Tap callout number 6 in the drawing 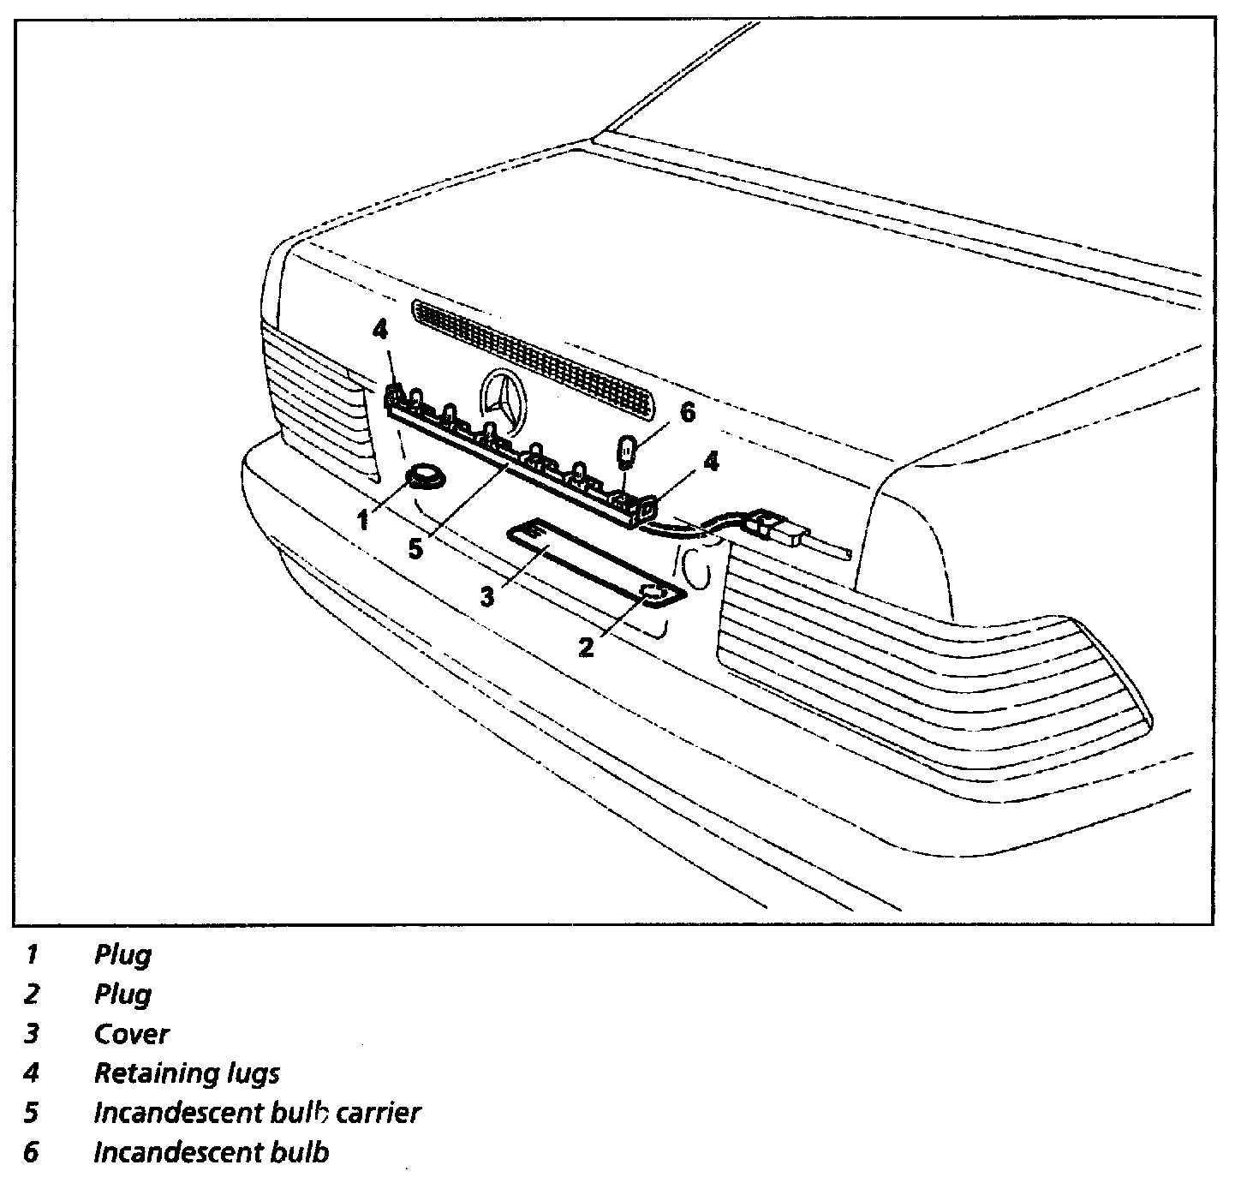pos(688,413)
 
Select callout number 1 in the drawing pos(363,519)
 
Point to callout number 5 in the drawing pos(415,549)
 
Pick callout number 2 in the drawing pos(586,647)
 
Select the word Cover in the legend pos(131,1034)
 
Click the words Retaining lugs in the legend pos(187,1073)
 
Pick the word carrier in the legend pos(379,1113)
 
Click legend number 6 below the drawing pos(32,1152)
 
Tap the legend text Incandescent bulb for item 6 pos(211,1152)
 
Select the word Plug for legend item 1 pos(122,954)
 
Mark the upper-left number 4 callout pos(381,328)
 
